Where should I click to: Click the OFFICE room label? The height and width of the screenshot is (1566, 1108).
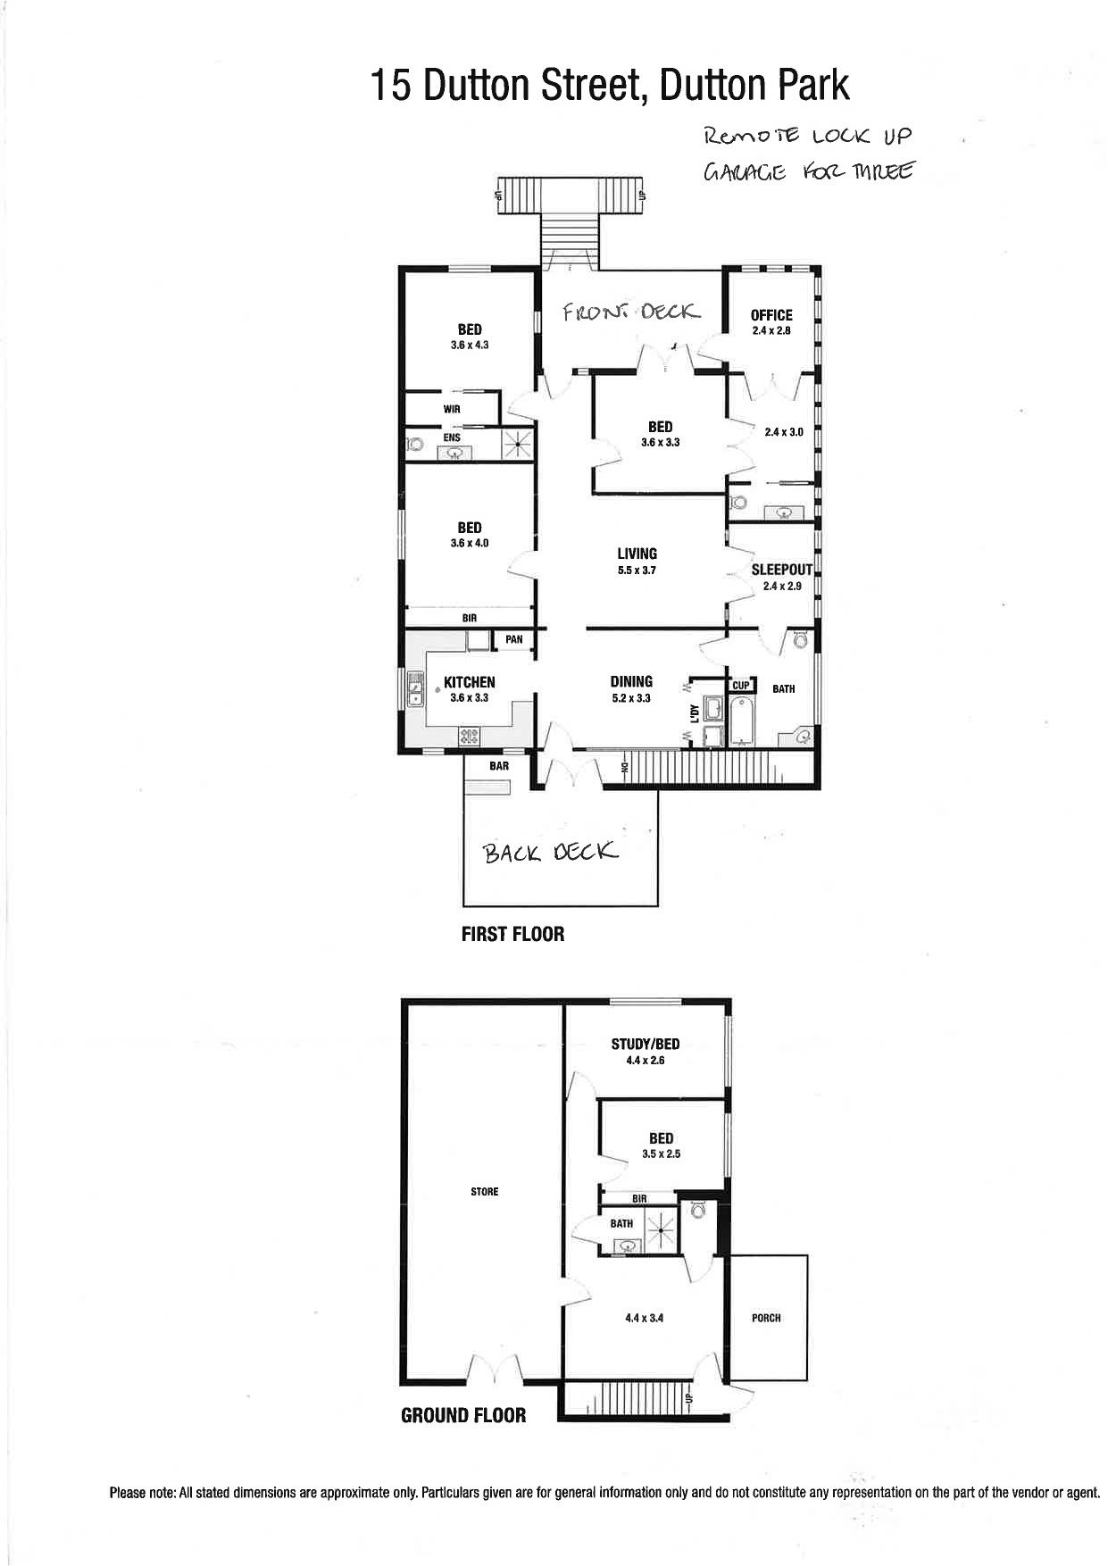pyautogui.click(x=771, y=314)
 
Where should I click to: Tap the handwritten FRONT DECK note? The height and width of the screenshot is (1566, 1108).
pyautogui.click(x=630, y=312)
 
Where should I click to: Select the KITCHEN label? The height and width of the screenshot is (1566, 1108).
pyautogui.click(x=469, y=682)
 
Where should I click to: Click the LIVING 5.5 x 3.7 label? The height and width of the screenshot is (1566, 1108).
pyautogui.click(x=637, y=561)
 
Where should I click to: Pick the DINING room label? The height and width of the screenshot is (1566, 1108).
pyautogui.click(x=631, y=681)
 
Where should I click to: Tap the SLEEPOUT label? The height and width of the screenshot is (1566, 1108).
pyautogui.click(x=781, y=569)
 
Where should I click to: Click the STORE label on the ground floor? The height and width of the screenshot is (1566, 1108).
pyautogui.click(x=485, y=1192)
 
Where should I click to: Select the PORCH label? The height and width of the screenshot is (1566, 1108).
pyautogui.click(x=766, y=1318)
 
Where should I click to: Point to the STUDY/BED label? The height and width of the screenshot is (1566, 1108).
pyautogui.click(x=651, y=1044)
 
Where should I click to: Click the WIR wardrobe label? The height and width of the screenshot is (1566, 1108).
pyautogui.click(x=451, y=409)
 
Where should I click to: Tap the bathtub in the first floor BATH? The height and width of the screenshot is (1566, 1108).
pyautogui.click(x=742, y=721)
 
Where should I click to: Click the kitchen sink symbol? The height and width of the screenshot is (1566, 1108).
pyautogui.click(x=415, y=688)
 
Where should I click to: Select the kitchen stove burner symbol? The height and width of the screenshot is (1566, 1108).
pyautogui.click(x=469, y=737)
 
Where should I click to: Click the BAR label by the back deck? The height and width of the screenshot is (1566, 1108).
pyautogui.click(x=498, y=766)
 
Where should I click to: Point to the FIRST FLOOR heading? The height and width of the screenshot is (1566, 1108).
pyautogui.click(x=512, y=934)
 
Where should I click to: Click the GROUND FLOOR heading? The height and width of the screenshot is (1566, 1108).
pyautogui.click(x=463, y=1415)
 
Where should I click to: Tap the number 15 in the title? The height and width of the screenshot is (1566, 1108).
pyautogui.click(x=391, y=86)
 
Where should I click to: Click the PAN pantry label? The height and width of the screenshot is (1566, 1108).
pyautogui.click(x=513, y=639)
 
